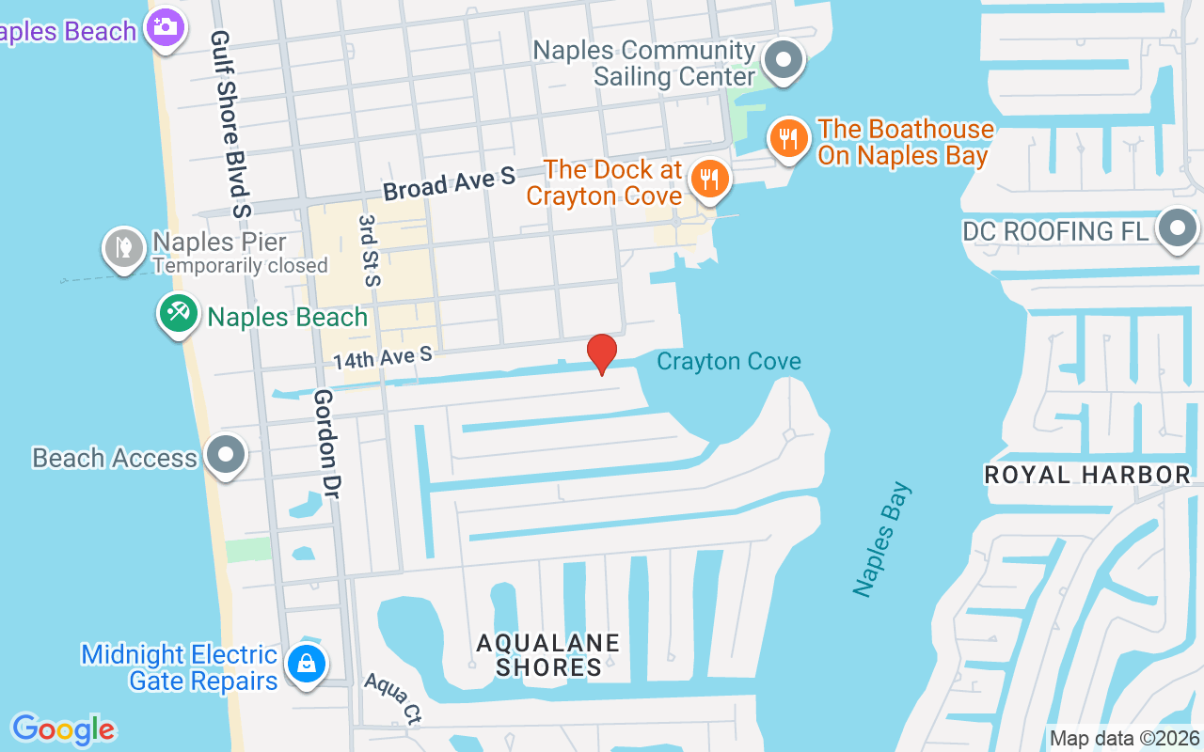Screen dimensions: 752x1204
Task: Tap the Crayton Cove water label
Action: (x=729, y=361)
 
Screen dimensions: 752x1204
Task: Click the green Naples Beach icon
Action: (x=178, y=313)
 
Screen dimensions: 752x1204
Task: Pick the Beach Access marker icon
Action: (x=225, y=456)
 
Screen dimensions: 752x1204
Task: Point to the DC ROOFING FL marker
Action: (x=1177, y=229)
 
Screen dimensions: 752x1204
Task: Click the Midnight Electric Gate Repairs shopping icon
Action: (x=307, y=664)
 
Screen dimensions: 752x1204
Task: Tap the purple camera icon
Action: (x=166, y=26)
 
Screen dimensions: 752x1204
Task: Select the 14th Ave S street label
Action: (x=382, y=357)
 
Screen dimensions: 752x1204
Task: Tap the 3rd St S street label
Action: (x=368, y=249)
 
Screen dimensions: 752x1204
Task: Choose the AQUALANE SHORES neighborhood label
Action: (x=548, y=655)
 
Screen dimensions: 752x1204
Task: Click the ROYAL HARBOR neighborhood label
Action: (x=1087, y=475)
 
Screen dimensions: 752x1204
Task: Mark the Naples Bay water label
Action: (x=882, y=539)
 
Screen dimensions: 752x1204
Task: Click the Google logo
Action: (x=63, y=728)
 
